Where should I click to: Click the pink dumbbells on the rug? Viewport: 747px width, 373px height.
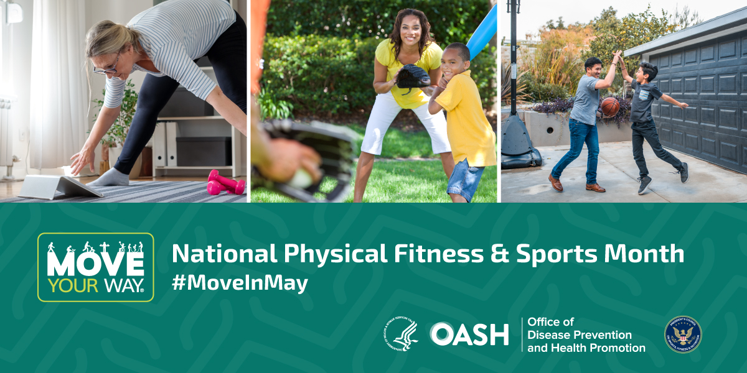(225, 183)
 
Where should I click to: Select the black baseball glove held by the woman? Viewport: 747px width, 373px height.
(413, 76)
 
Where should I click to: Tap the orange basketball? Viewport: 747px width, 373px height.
(609, 106)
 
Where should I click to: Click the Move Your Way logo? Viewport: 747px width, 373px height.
(95, 267)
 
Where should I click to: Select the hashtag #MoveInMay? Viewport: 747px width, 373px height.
(240, 283)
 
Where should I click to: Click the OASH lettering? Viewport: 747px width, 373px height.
(469, 334)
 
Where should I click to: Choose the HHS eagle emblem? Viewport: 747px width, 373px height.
(401, 334)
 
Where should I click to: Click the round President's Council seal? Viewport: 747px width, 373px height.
(682, 334)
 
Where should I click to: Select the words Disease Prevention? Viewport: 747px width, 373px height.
(580, 335)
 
